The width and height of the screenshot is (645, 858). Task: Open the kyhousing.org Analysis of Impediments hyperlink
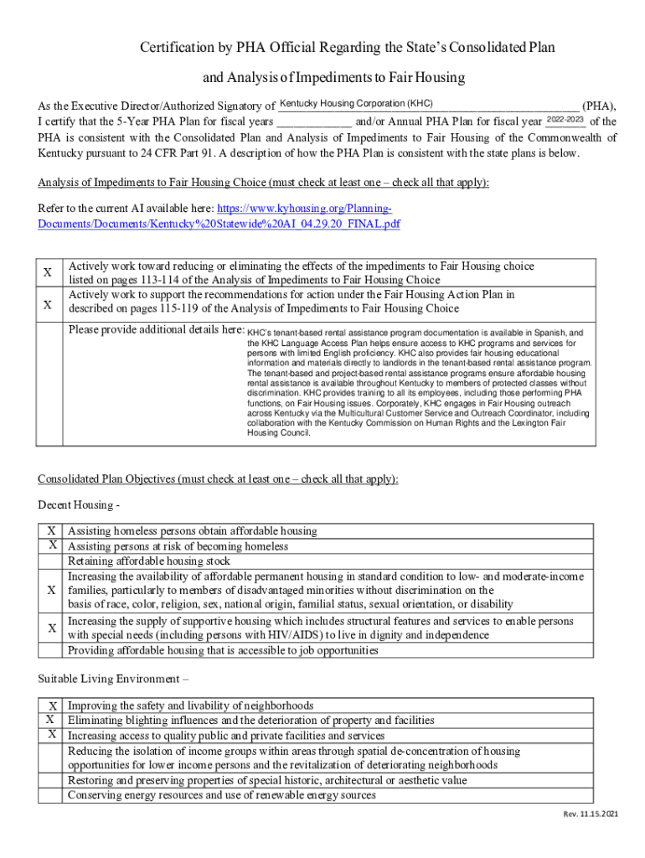click(219, 216)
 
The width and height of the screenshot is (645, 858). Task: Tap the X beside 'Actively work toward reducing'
click(48, 273)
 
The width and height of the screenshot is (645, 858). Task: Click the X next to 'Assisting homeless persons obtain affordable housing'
click(52, 530)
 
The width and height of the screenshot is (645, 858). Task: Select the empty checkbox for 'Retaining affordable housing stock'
click(52, 561)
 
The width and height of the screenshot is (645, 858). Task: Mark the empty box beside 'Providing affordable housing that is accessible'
click(52, 650)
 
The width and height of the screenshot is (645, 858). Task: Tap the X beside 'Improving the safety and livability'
click(52, 706)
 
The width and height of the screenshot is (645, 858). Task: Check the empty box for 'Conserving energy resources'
click(52, 795)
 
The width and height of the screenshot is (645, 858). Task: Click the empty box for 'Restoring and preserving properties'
click(52, 780)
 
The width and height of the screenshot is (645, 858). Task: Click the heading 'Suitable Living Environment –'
click(113, 678)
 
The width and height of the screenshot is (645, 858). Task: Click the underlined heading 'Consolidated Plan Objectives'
click(218, 478)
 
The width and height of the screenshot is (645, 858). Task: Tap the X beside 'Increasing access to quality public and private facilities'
click(52, 735)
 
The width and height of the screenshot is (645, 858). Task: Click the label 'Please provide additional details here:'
click(156, 330)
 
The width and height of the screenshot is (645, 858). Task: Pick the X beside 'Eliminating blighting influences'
click(52, 720)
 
